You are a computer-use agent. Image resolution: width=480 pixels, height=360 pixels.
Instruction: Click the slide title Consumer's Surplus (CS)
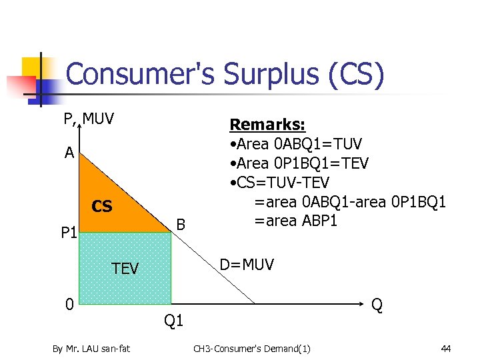click(225, 75)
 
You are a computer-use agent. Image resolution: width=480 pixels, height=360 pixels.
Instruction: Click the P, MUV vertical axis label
click(89, 119)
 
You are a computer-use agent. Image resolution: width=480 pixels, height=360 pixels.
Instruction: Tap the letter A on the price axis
click(69, 153)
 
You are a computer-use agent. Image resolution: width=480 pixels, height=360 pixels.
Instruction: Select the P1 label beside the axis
click(69, 233)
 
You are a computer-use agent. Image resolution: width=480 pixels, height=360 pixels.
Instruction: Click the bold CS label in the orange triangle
click(102, 207)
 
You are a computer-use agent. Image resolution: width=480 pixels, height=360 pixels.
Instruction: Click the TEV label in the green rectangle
click(125, 269)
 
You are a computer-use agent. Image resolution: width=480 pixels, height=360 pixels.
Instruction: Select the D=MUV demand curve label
click(247, 265)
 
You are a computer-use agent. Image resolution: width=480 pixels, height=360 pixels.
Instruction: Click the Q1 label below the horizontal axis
click(173, 321)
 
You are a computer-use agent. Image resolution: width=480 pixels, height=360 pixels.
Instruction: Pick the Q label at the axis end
click(377, 305)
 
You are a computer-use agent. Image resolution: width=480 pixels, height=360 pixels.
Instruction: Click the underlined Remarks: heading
click(267, 125)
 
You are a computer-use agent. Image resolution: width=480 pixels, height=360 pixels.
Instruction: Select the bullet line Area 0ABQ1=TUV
click(295, 144)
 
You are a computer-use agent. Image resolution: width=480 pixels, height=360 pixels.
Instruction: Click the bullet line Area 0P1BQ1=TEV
click(299, 163)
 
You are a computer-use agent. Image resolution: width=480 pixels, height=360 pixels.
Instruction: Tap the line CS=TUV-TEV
click(279, 182)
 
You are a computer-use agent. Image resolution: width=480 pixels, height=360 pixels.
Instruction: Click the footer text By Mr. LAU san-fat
click(92, 348)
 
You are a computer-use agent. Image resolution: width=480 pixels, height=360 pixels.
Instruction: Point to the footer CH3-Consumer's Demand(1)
click(251, 348)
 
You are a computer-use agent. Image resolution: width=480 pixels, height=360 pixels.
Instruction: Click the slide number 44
click(445, 348)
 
